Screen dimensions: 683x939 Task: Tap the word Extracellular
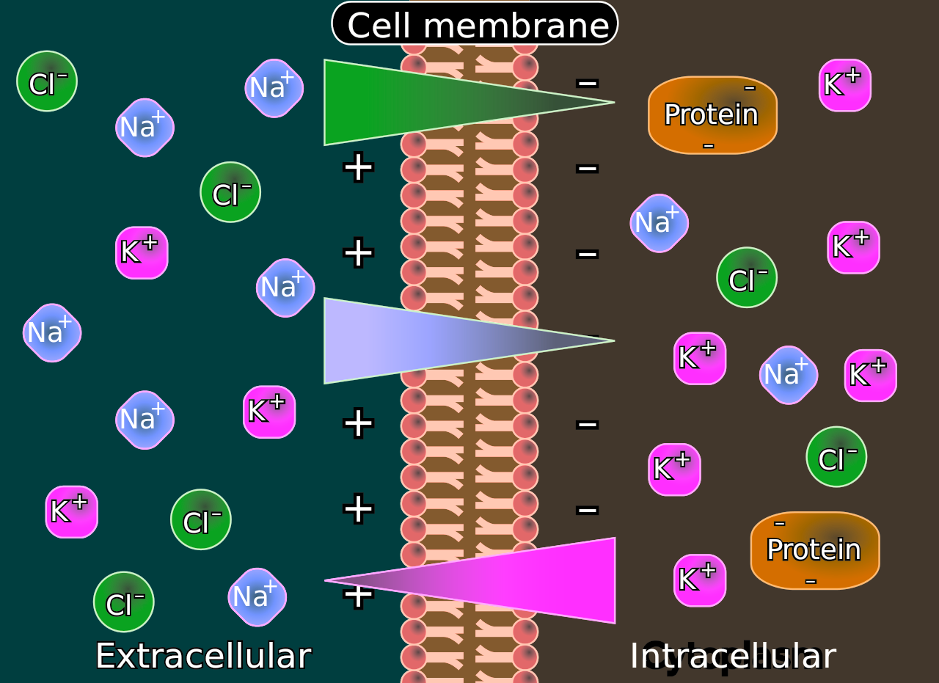[x=203, y=655]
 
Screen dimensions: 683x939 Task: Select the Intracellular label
[x=732, y=656]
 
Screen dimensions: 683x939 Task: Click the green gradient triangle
[x=411, y=102]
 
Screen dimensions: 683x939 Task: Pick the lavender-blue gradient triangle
[x=411, y=340]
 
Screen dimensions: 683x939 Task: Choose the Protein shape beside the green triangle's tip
[x=712, y=115]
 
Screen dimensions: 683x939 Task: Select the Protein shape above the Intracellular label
[x=814, y=550]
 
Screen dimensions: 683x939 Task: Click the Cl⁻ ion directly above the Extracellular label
[x=123, y=602]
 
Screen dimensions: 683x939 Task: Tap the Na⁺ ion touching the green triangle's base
[x=274, y=88]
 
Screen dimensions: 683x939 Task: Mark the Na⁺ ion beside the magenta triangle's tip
[x=257, y=596]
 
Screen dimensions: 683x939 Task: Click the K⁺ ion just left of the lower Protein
[x=699, y=580]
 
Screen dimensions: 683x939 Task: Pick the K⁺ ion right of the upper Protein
[x=844, y=85]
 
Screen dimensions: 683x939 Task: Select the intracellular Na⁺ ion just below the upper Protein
[x=658, y=222]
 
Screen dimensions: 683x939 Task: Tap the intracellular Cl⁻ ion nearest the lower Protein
[x=836, y=456]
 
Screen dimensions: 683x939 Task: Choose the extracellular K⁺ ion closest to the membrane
[x=268, y=412]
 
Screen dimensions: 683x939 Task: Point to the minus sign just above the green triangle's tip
[x=587, y=83]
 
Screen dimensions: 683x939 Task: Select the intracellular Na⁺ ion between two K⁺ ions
[x=788, y=375]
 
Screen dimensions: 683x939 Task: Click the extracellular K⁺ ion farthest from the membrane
[x=71, y=511]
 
